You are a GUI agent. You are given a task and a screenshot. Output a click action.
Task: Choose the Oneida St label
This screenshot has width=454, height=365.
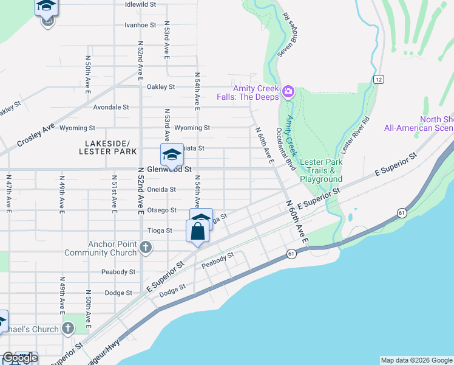tap(161, 189)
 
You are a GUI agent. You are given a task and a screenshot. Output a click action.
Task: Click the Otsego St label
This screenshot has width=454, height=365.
tap(162, 210)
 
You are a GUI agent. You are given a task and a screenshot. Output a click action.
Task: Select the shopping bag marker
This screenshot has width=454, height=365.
tap(198, 232)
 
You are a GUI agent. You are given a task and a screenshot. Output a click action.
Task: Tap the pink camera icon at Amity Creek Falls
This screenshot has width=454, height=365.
tap(288, 92)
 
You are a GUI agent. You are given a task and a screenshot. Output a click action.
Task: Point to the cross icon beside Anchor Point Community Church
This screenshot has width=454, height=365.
tap(145, 248)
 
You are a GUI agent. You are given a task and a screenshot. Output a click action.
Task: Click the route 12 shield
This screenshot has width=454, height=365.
tap(378, 80)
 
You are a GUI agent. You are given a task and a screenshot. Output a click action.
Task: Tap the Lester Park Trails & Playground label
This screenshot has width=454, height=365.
tap(321, 170)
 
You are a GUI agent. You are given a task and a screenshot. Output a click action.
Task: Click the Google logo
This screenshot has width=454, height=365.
tap(20, 358)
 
